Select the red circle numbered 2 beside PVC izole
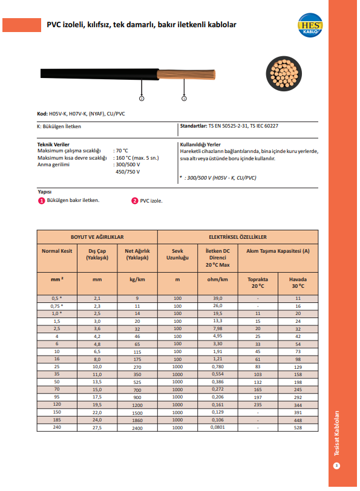coord(135,201)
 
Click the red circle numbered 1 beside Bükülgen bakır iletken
coord(42,201)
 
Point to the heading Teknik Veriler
coord(53,145)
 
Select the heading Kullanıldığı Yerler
coord(200,145)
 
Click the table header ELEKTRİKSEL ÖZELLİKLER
coord(238,237)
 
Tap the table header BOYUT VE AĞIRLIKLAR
coord(97,237)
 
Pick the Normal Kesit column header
coord(57,253)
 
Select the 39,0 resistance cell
coord(217,299)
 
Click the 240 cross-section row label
coord(57,427)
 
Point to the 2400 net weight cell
coord(137,427)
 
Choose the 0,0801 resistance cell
coord(217,427)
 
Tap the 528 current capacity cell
coord(298,427)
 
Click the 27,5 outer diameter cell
coord(97,427)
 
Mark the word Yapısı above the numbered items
coord(45,192)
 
